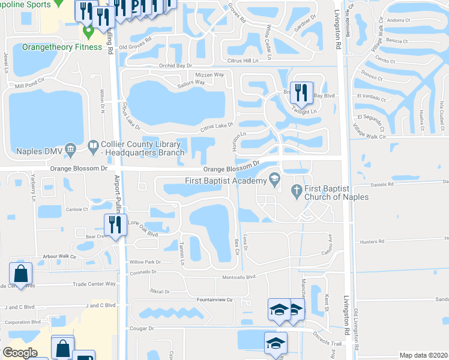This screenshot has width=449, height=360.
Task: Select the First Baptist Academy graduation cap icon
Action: point(275,178)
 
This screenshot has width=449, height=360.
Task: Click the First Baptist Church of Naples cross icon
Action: point(295,192)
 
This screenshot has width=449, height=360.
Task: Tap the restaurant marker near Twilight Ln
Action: point(301,92)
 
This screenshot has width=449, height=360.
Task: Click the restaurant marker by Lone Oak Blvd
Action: point(114,224)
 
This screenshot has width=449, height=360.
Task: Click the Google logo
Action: point(20,352)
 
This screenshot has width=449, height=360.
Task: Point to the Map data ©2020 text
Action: point(424,355)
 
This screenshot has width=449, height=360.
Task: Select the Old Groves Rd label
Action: point(135,46)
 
